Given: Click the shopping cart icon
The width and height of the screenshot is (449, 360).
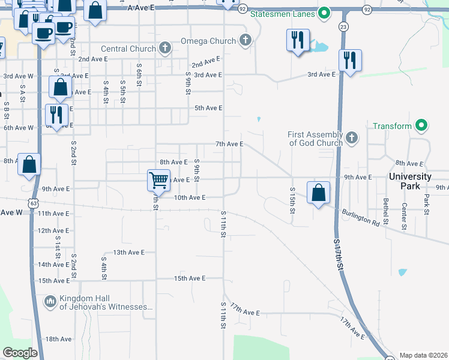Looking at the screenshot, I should pos(159,179).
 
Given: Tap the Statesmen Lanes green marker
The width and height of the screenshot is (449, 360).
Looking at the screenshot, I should pos(325,13).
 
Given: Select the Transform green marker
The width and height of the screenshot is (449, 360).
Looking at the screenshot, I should pos(421,126).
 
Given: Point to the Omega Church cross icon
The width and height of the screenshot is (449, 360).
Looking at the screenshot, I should pos(244,41).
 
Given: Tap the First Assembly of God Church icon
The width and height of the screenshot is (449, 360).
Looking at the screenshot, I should pos(352,139).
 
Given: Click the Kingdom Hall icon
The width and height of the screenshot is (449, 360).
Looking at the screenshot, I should pos(50,300).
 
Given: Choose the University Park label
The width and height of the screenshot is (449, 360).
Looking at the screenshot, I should pos(410,181).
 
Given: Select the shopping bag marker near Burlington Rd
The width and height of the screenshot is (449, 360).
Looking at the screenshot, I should pos(318,193).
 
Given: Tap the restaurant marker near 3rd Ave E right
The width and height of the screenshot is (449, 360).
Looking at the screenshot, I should pos(349,60).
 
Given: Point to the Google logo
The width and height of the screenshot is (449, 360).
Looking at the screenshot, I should pos(20,352).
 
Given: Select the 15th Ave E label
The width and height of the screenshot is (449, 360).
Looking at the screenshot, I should pos(190,278).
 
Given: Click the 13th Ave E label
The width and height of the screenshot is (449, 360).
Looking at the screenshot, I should pos(129,253).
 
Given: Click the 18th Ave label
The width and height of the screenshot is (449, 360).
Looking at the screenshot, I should pos(58,339).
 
